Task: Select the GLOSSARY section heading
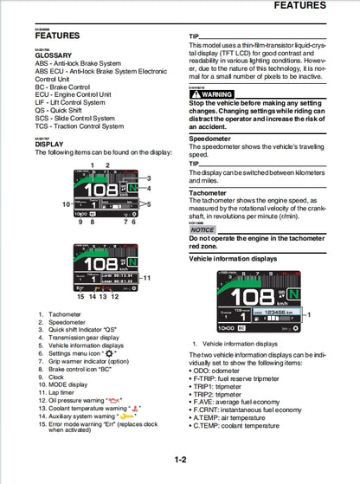55,55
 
